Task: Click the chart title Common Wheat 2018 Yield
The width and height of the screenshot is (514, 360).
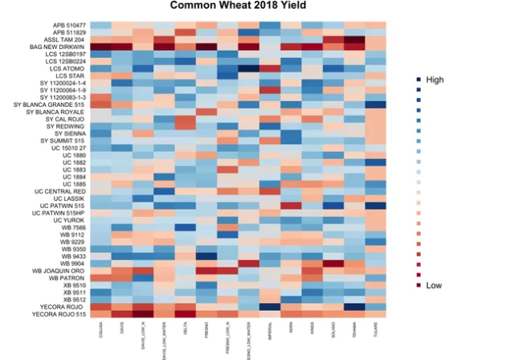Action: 249,7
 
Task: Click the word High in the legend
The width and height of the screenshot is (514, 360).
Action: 434,80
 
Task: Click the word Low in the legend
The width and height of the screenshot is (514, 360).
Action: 434,285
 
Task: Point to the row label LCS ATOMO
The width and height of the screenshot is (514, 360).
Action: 67,68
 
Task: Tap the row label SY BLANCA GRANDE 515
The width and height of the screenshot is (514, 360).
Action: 51,104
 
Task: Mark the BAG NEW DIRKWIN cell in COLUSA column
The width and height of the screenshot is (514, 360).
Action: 100,47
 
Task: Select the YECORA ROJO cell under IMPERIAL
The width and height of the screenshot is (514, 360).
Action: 270,306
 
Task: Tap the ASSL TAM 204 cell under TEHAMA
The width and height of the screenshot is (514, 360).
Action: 353,39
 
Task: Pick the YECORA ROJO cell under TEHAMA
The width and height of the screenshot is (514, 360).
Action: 353,306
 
